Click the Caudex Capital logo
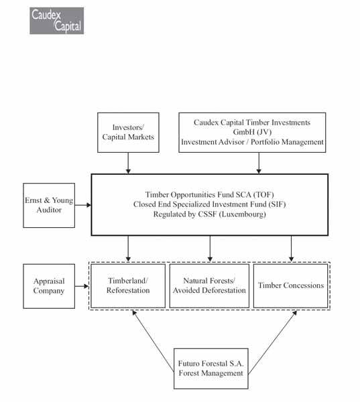tap(57, 21)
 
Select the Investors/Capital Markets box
tap(128, 133)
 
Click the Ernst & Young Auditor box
tap(49, 206)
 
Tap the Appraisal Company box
tap(49, 286)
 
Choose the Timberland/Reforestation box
tap(128, 286)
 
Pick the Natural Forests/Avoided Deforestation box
tap(209, 286)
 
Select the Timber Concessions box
tap(291, 286)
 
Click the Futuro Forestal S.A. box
tap(211, 368)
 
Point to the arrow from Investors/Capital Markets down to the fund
tap(128, 163)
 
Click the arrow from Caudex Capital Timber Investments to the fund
tap(259, 163)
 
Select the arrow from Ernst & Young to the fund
tap(83, 205)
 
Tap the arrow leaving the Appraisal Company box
tap(82, 286)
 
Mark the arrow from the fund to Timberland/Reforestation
tap(128, 249)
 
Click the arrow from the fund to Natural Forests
tap(210, 249)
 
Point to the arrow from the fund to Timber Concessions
tap(291, 249)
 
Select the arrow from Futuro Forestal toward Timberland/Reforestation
tap(153, 341)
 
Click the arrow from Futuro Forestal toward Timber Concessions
tap(272, 342)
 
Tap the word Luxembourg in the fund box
tap(243, 214)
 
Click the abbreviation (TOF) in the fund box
tap(263, 194)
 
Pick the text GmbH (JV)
tap(252, 132)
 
